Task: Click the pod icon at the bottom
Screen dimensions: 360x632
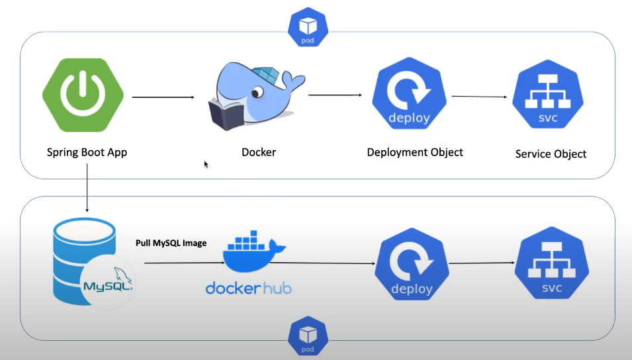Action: tap(308, 336)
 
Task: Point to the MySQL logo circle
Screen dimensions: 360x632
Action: tap(109, 283)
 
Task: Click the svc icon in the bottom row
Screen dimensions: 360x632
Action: tap(551, 266)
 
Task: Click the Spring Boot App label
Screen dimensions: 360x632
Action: tap(87, 152)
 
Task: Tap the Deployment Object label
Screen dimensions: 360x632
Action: tap(415, 152)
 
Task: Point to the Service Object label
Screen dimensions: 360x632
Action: tap(551, 154)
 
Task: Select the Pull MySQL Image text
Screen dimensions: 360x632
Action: tap(171, 243)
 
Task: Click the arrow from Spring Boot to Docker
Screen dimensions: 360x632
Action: tap(163, 97)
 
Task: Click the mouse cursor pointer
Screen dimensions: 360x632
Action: tap(206, 164)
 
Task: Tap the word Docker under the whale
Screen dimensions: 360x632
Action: tap(259, 152)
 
